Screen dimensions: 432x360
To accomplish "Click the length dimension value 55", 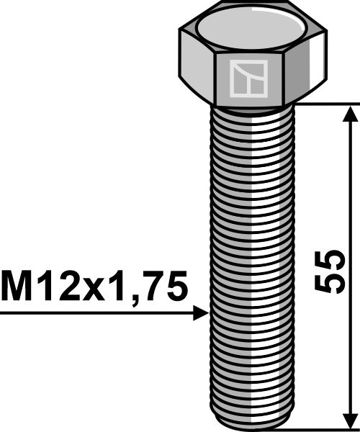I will coord(328,271).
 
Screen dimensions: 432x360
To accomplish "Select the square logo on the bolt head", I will coord(248,78).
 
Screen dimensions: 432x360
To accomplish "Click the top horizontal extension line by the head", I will coord(324,103).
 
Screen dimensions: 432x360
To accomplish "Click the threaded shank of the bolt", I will coord(248,252).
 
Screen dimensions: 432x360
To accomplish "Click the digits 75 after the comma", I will coord(166,287).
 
